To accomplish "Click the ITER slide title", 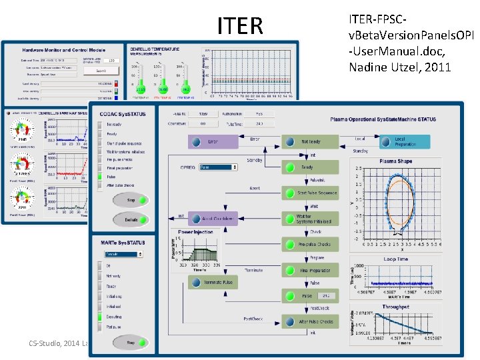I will click(240, 25).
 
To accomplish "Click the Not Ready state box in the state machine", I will click(310, 142).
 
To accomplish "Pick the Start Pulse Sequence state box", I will click(310, 193).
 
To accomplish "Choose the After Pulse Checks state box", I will click(310, 321).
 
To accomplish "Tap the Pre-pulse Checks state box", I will click(310, 244).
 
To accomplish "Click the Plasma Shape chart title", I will click(395, 161).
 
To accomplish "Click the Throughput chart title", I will click(395, 307).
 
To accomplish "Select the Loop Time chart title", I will click(395, 258).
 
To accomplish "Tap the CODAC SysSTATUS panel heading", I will click(123, 114).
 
